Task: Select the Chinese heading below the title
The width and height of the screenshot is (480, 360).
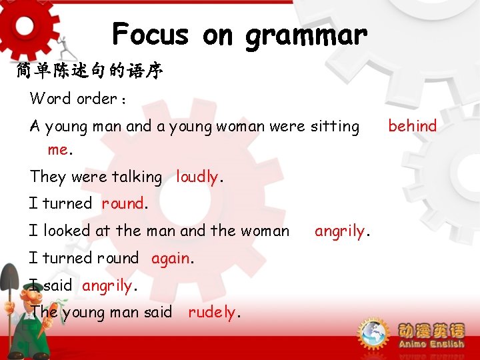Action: [x=89, y=71]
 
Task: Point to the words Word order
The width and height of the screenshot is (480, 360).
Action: [x=73, y=99]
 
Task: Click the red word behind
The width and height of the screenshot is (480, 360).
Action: [x=412, y=125]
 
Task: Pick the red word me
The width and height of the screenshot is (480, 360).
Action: [x=57, y=149]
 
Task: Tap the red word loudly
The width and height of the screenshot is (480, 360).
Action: [x=197, y=177]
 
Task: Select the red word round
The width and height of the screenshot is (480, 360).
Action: [x=123, y=203]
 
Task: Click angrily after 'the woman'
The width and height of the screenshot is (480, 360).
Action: [x=339, y=231]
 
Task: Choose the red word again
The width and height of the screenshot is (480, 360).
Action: [x=171, y=258]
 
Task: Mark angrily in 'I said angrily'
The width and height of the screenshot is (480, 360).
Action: [x=107, y=285]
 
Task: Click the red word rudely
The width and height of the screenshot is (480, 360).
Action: [x=213, y=312]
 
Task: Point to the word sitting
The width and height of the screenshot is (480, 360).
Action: [x=335, y=126]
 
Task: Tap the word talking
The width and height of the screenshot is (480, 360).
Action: [x=137, y=177]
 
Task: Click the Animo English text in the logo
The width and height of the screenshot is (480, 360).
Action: [x=431, y=344]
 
